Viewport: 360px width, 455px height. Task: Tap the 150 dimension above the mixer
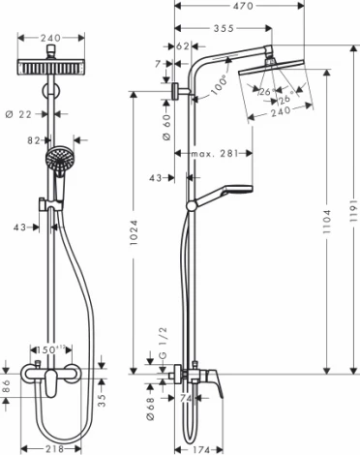click(49, 349)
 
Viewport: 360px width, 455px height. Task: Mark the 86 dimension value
click(7, 384)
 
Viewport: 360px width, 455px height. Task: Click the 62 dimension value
click(184, 45)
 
